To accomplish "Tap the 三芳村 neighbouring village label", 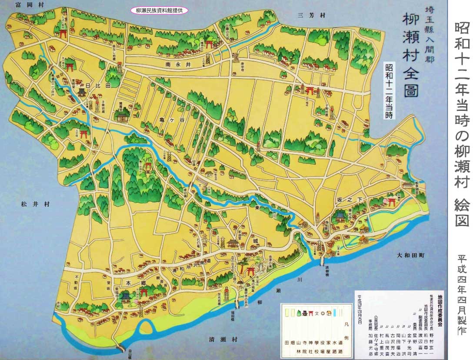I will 312,15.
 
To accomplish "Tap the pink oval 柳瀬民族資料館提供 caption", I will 159,10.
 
